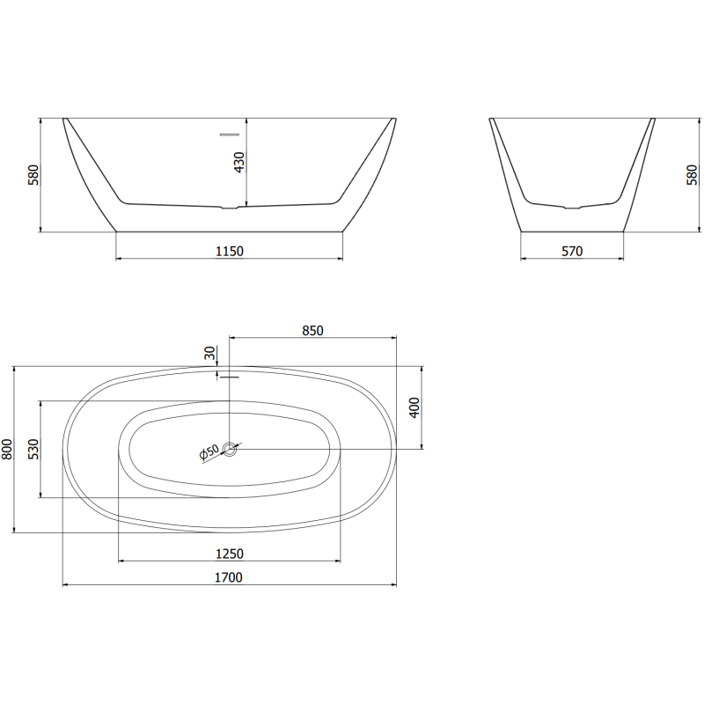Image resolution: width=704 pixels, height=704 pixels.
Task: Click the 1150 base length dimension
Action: [229, 251]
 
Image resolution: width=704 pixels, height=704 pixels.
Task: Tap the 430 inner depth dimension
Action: [238, 162]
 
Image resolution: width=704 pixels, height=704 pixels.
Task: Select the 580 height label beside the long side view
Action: [33, 174]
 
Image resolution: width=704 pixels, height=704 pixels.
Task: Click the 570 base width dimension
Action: [572, 251]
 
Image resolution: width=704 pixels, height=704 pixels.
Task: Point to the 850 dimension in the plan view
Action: [312, 331]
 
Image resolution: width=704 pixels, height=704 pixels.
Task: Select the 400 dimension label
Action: [415, 407]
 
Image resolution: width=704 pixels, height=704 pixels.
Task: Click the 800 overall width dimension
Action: [8, 449]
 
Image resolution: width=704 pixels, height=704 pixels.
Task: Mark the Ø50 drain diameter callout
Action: [209, 452]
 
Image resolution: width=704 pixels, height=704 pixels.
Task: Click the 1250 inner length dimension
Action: [229, 554]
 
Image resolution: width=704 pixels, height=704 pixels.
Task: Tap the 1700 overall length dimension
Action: [229, 577]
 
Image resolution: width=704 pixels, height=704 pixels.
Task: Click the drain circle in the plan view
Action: [231, 449]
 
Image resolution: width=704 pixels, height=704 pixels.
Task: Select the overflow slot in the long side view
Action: [229, 135]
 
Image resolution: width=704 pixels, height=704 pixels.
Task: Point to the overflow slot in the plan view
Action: [229, 377]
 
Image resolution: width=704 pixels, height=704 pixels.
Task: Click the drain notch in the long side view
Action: [229, 209]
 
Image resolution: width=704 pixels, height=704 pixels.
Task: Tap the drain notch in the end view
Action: [572, 209]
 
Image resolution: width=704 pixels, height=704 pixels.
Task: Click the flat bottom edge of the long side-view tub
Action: [229, 231]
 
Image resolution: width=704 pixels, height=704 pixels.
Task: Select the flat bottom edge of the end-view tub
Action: [572, 231]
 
